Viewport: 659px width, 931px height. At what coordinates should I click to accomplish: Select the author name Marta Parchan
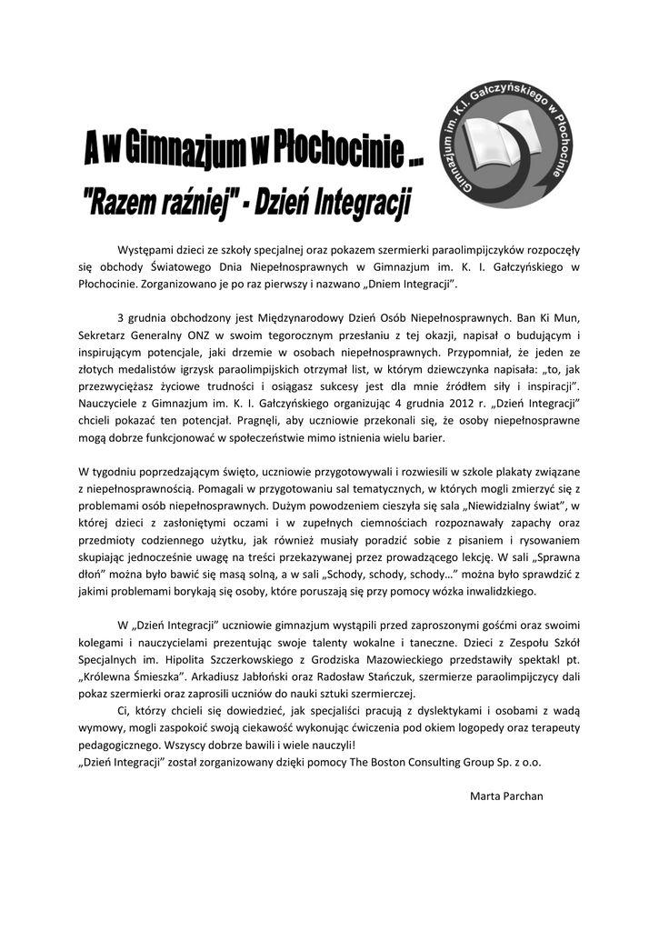[x=506, y=796]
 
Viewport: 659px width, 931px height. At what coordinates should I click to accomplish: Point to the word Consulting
[x=442, y=761]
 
